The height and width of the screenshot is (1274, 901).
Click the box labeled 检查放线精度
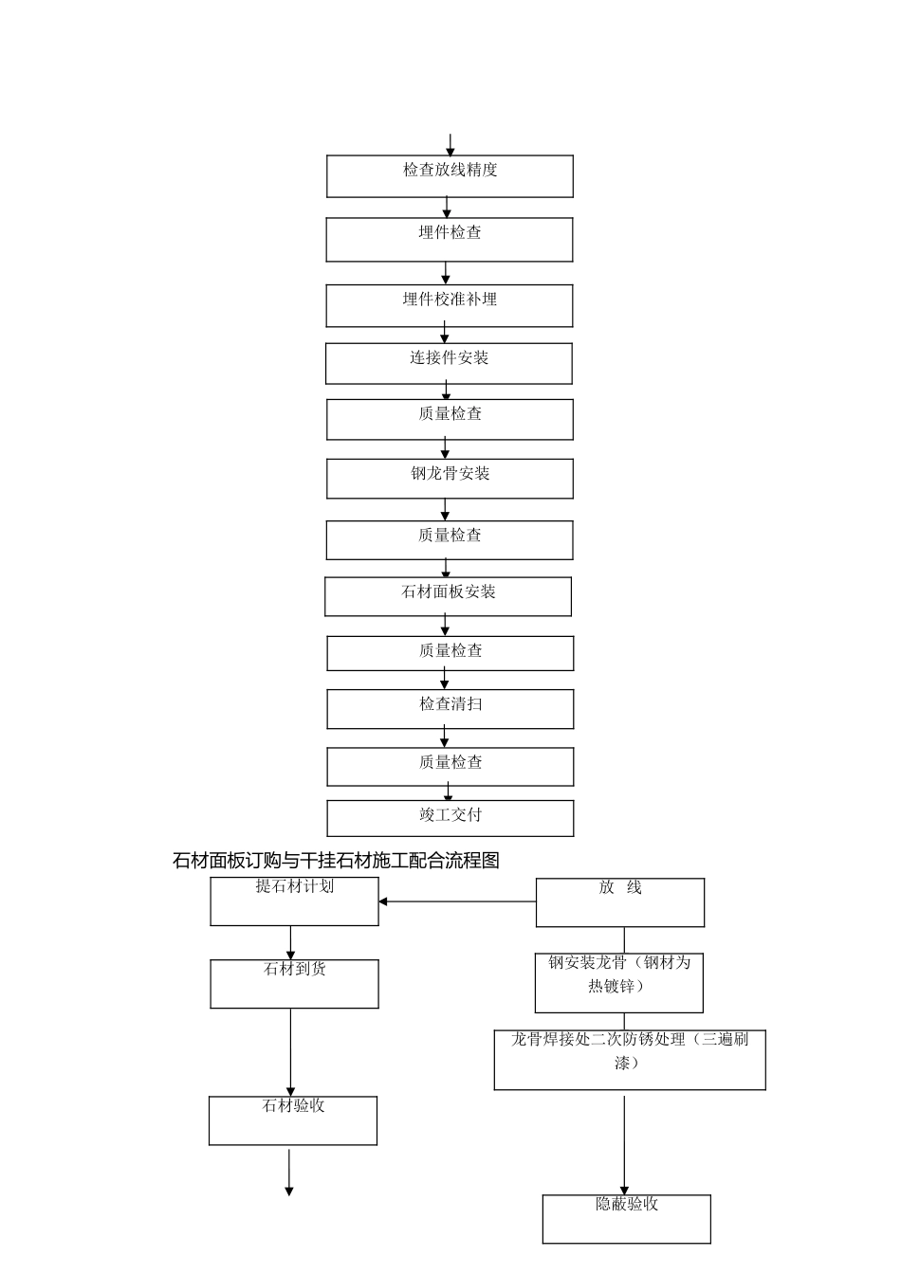pos(450,176)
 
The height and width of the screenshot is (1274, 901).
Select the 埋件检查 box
pos(450,240)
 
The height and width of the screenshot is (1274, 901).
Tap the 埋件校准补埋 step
pos(450,306)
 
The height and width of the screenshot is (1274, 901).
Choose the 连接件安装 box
pos(449,364)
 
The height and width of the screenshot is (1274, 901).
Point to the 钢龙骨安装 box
pos(450,479)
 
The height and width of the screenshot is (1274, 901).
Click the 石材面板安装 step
pos(448,597)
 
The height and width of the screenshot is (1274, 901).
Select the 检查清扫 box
pos(450,709)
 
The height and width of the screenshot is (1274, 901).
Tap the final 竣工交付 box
pos(450,818)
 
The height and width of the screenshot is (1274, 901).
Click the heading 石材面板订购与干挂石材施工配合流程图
pos(336,861)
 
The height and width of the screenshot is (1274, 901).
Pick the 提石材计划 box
pos(294,901)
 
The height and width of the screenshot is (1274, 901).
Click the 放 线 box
pos(620,902)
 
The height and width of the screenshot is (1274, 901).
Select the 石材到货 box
pos(294,984)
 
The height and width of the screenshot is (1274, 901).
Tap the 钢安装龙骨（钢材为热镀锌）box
pos(619,983)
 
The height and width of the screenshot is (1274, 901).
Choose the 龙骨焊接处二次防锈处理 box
pos(630,1060)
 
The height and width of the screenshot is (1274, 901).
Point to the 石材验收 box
pos(293,1120)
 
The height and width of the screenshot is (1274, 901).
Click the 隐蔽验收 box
pos(626,1218)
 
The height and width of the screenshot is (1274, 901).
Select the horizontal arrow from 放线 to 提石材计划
pos(457,901)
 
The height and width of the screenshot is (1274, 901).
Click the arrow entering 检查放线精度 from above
pos(450,145)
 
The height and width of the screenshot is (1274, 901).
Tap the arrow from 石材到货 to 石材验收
pos(290,1052)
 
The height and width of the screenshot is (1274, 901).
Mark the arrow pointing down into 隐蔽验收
pos(624,1142)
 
